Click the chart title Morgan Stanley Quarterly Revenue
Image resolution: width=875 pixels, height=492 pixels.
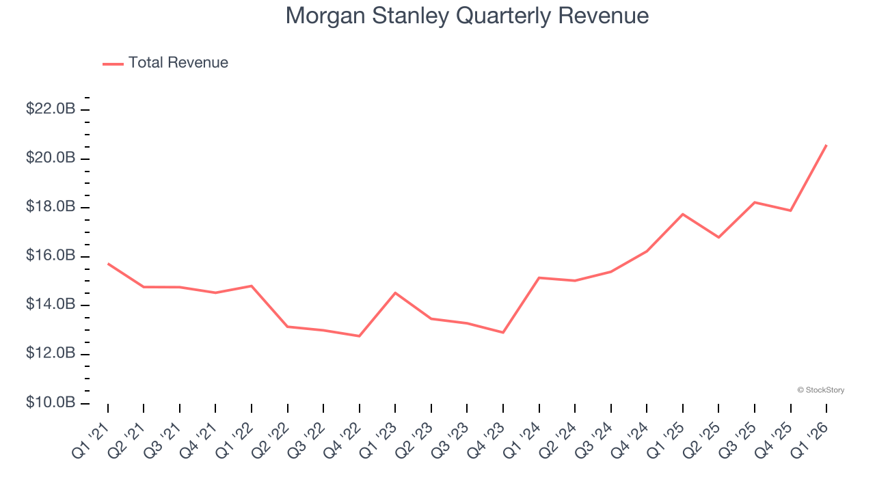click(x=467, y=16)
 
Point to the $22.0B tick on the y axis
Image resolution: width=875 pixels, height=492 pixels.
click(x=51, y=109)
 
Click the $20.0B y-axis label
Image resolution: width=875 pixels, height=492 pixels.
click(x=51, y=158)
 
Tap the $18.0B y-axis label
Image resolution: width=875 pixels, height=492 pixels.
click(x=51, y=207)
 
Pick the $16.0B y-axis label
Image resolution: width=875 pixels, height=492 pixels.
click(x=51, y=256)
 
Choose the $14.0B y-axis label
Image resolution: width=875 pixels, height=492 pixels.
click(x=51, y=305)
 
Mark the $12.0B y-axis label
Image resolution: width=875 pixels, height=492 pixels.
click(x=51, y=354)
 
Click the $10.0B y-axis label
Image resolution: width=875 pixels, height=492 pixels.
click(x=51, y=402)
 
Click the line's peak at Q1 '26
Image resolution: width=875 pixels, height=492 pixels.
click(x=826, y=145)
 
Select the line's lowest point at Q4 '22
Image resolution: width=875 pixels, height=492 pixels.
click(x=359, y=336)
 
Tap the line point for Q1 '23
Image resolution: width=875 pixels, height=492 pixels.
click(x=395, y=292)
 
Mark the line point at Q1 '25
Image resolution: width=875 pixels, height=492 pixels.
click(x=683, y=214)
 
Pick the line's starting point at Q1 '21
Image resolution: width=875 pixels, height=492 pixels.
click(x=108, y=263)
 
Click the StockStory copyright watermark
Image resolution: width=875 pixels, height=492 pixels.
click(x=820, y=390)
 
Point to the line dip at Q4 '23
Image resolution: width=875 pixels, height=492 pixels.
click(x=503, y=332)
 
